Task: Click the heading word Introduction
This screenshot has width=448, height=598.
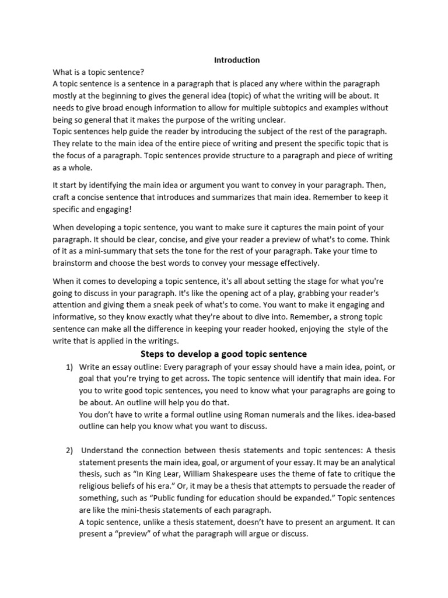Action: coord(237,60)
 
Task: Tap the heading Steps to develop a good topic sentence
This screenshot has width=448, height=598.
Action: coord(224,354)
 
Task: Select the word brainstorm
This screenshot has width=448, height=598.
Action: coord(73,262)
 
